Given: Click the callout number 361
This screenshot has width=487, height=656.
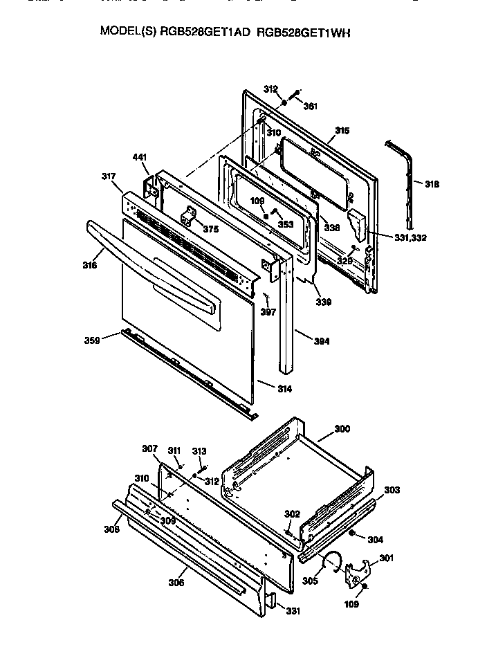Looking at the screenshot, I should (311, 106).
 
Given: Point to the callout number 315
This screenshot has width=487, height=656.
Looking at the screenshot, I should (342, 130).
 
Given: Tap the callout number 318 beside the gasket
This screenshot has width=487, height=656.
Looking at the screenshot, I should (432, 184).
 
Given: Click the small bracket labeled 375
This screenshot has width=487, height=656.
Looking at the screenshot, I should (187, 219).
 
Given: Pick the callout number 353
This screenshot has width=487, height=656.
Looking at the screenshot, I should (285, 224).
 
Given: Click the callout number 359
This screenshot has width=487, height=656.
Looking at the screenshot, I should (93, 340).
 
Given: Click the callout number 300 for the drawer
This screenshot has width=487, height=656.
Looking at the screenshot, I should (342, 429).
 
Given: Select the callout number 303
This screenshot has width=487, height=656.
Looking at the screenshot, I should (392, 490).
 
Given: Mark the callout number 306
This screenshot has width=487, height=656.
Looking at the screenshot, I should (176, 583).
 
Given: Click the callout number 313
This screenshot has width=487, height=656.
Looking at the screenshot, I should (199, 451).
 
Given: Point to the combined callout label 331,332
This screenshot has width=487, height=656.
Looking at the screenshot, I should (410, 237).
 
